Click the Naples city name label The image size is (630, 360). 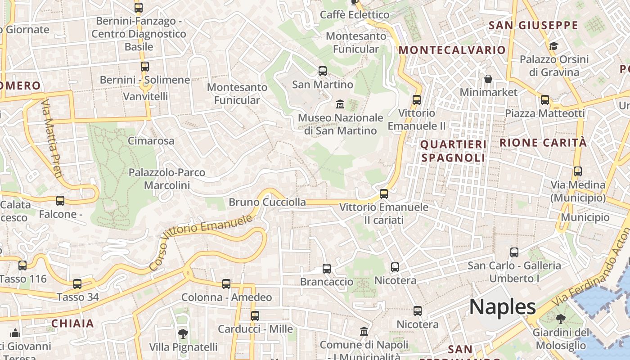coord(502,307)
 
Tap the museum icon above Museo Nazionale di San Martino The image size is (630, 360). coord(340,104)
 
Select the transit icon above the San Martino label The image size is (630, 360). coord(322,71)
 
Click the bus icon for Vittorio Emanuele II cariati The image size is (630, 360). coord(383,194)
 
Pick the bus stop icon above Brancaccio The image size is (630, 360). coord(327,269)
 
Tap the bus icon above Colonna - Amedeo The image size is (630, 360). coord(226,284)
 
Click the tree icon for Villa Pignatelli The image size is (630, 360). coord(183,333)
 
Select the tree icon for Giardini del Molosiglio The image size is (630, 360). coord(560,319)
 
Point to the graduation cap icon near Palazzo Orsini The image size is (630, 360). coord(553,46)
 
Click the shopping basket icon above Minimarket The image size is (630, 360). coord(488,79)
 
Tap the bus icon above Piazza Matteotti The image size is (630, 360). coord(544,100)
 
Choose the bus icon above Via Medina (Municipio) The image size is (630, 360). coord(578,171)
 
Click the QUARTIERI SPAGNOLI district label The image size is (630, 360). coord(453,151)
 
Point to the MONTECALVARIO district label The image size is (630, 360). coord(452,50)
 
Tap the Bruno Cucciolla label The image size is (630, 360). coord(267,202)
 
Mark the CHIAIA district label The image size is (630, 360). coord(72,323)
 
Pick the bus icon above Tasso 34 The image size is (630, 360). coord(77,284)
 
